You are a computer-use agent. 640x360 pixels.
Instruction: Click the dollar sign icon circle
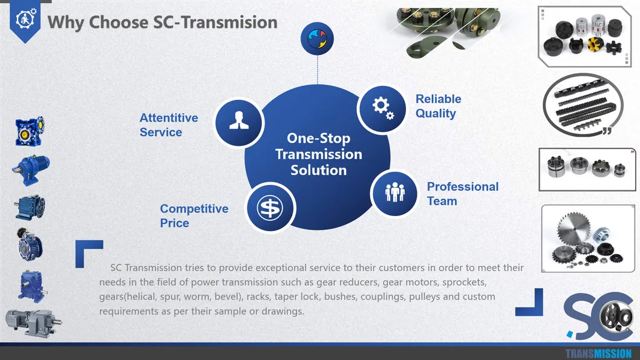pyautogui.click(x=270, y=208)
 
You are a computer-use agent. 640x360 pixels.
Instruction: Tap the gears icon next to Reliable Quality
pyautogui.click(x=382, y=109)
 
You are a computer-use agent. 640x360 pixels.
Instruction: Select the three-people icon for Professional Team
pyautogui.click(x=394, y=193)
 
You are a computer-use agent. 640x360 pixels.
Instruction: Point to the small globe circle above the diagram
pyautogui.click(x=317, y=39)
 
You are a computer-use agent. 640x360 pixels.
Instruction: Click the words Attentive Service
pyautogui.click(x=169, y=125)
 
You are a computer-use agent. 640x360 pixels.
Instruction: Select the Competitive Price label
pyautogui.click(x=194, y=216)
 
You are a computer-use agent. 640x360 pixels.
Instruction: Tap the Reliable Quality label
pyautogui.click(x=438, y=106)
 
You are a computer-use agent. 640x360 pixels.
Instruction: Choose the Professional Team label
pyautogui.click(x=462, y=194)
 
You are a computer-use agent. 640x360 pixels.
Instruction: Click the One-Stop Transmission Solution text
pyautogui.click(x=318, y=154)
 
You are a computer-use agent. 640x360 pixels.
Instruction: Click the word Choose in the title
pyautogui.click(x=119, y=22)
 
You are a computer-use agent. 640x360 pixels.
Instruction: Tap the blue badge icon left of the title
pyautogui.click(x=25, y=21)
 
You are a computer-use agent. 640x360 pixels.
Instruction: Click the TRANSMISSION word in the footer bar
pyautogui.click(x=598, y=353)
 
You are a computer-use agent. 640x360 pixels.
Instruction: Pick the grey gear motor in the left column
pyautogui.click(x=33, y=322)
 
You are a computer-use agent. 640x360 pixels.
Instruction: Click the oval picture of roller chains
pyautogui.click(x=584, y=105)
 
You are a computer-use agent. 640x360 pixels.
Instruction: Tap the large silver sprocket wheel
pyautogui.click(x=573, y=229)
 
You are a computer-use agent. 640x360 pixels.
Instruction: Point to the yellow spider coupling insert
pyautogui.click(x=596, y=44)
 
